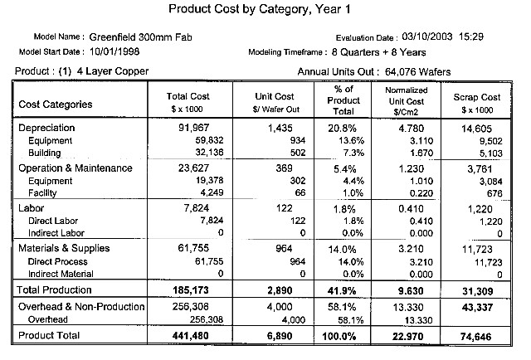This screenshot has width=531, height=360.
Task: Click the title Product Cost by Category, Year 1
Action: click(x=260, y=9)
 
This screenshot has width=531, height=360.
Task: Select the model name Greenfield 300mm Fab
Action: click(x=140, y=37)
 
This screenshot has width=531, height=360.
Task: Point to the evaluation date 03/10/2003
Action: click(x=427, y=36)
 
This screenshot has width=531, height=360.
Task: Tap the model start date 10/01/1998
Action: click(x=114, y=51)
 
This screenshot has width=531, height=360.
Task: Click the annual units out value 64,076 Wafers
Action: click(x=418, y=72)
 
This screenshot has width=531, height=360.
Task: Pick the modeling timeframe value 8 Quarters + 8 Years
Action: click(x=378, y=52)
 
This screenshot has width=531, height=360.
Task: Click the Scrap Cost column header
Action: click(x=477, y=103)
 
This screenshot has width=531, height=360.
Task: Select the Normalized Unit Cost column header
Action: click(x=407, y=101)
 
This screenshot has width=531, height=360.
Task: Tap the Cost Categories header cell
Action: click(x=56, y=105)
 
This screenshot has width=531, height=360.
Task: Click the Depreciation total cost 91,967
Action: click(x=193, y=128)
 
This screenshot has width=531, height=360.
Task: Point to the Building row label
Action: click(x=44, y=153)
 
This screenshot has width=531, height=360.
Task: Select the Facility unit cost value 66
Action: click(x=300, y=192)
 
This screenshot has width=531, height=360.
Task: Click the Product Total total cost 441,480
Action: click(x=190, y=336)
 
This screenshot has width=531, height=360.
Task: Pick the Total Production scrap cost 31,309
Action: click(x=478, y=291)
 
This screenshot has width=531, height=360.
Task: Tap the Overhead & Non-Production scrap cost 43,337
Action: click(x=477, y=308)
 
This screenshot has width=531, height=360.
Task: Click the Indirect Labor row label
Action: click(x=56, y=233)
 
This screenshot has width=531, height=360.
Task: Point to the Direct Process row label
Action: click(x=57, y=261)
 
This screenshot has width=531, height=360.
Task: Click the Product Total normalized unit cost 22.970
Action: click(x=407, y=336)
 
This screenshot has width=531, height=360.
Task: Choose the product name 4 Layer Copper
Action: click(x=113, y=71)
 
